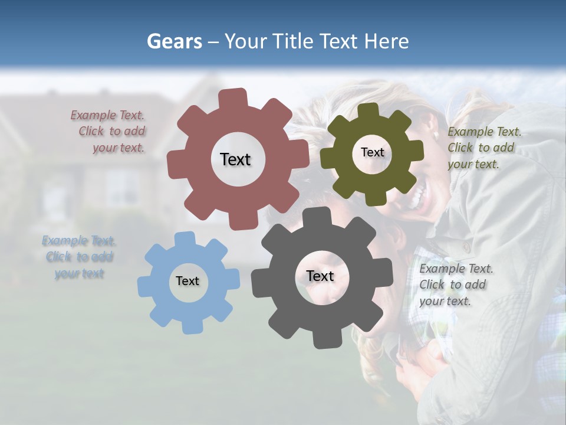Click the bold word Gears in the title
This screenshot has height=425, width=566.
[x=174, y=41]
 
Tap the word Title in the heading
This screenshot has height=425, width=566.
[x=291, y=41]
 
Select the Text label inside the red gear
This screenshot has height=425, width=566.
[x=235, y=159]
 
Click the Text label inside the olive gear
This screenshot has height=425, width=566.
[x=372, y=152]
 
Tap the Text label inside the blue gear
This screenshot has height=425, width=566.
[x=187, y=282]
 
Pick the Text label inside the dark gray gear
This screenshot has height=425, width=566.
[x=320, y=276]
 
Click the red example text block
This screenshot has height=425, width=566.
[x=110, y=132]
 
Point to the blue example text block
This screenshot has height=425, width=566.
[x=79, y=257]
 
